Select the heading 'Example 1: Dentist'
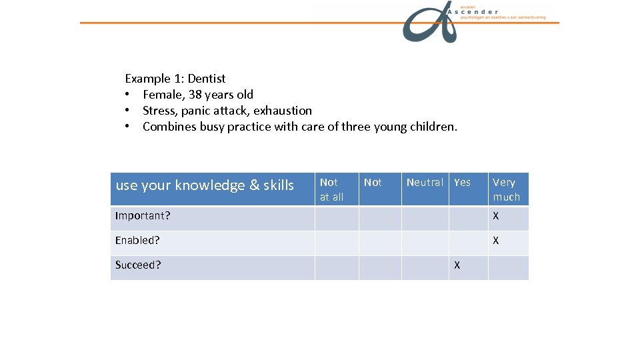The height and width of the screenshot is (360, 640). coord(175,79)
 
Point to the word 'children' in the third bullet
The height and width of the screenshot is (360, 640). coord(431,127)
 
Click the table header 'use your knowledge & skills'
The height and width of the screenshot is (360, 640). coord(205,185)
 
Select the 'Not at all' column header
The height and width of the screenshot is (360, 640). coord(331,189)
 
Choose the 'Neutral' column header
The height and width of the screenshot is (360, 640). coord(424,183)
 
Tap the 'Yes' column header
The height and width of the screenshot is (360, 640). coord(462,183)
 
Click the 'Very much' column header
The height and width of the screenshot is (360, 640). coord(506,189)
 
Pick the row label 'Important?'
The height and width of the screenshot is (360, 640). coord(143,216)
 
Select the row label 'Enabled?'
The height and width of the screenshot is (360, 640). coord(137,240)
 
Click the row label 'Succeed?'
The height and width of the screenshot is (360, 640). coord(138,265)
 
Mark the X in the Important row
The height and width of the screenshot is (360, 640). coord(495,216)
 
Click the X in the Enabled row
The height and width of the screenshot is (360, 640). coord(495,241)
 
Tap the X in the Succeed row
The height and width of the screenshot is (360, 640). coord(457,265)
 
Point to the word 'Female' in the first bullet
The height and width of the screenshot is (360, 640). coord(163,95)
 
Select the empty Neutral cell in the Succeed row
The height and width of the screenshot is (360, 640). coord(424,267)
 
